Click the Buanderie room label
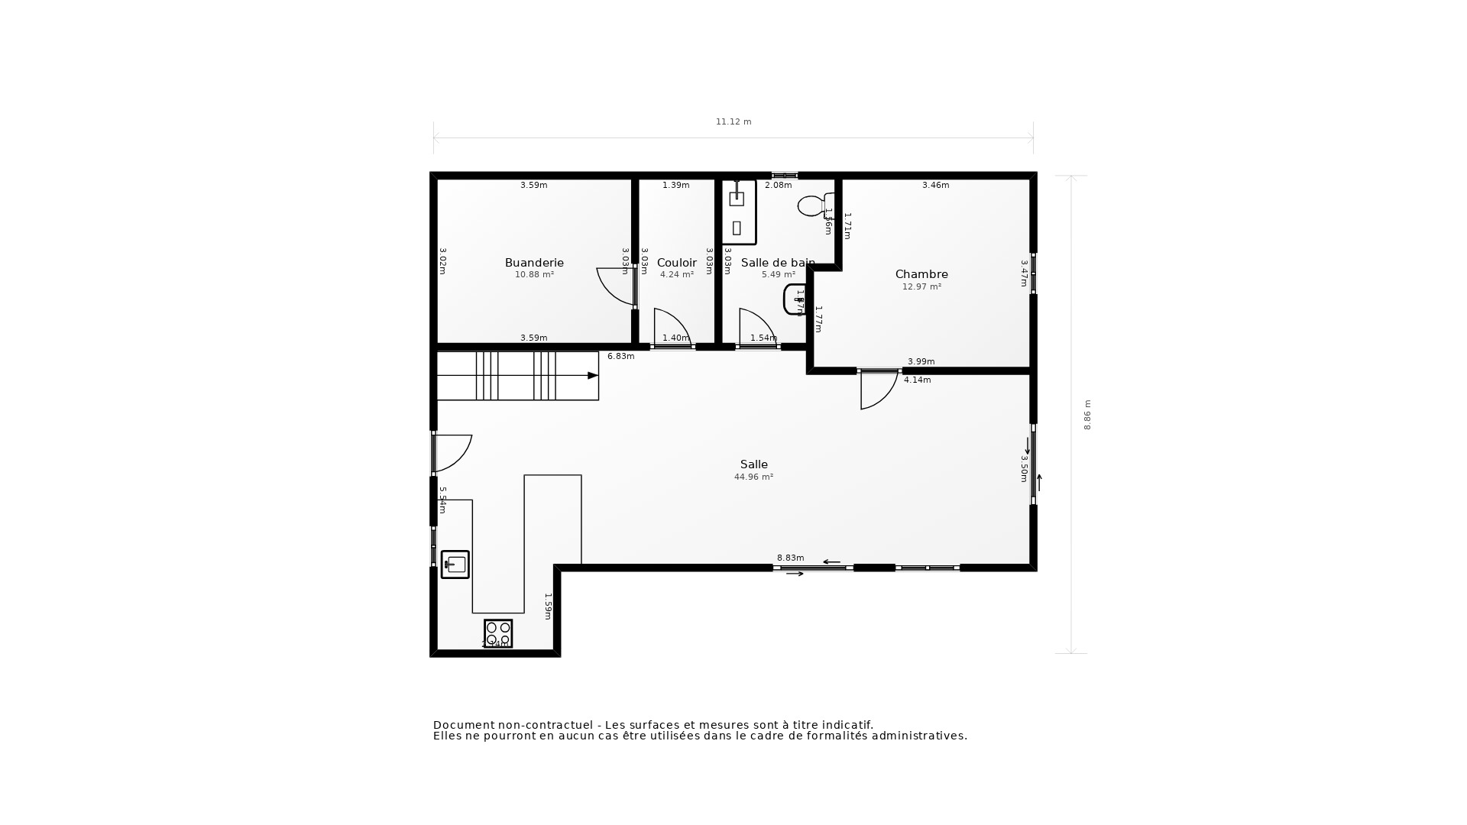click(x=534, y=263)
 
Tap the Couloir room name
click(x=676, y=263)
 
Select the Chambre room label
click(x=921, y=274)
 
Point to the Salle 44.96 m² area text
click(x=753, y=477)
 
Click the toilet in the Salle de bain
click(x=811, y=205)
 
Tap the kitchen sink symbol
click(x=455, y=565)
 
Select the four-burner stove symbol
click(x=498, y=632)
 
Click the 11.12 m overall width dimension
click(x=733, y=122)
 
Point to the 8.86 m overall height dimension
click(x=1087, y=415)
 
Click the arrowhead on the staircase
click(x=592, y=376)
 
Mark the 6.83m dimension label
click(x=620, y=357)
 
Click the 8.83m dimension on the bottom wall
click(x=790, y=558)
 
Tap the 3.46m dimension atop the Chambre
click(x=935, y=186)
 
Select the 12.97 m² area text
click(x=921, y=287)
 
